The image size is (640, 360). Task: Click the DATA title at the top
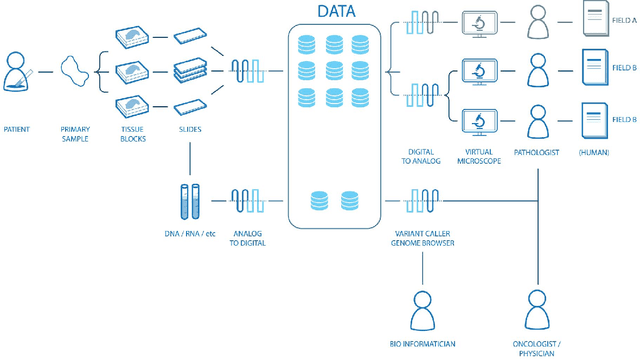point(337,11)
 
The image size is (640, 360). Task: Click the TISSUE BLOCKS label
point(132,134)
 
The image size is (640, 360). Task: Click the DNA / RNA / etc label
point(189,233)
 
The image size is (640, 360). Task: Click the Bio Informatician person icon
point(422,311)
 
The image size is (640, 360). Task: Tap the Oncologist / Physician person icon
point(539,311)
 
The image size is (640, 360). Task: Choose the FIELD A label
point(622,20)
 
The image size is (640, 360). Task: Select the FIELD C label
point(622,118)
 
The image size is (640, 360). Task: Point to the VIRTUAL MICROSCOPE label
point(480,157)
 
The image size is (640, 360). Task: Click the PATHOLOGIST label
point(538,152)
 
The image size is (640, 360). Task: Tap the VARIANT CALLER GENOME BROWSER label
point(422,238)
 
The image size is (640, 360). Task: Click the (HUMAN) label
point(593,152)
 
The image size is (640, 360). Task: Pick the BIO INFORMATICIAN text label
point(422,344)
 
